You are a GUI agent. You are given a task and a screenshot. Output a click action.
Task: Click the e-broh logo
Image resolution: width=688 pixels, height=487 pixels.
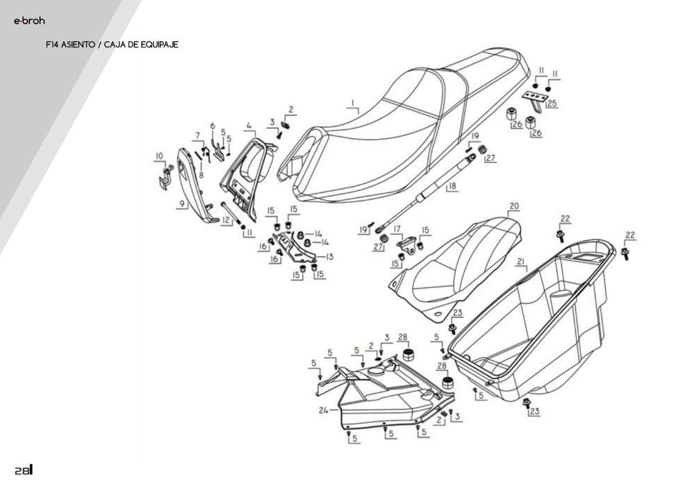29,21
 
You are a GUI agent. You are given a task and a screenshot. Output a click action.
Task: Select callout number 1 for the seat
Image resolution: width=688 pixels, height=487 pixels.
351,104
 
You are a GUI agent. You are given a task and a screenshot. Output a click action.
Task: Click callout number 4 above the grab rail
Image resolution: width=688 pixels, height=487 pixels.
249,125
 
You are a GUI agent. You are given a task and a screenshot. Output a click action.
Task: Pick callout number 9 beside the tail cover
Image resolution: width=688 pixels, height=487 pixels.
182,204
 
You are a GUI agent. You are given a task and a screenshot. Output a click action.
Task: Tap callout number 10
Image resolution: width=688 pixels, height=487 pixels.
159,156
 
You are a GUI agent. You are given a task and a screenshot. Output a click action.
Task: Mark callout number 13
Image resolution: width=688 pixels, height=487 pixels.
329,257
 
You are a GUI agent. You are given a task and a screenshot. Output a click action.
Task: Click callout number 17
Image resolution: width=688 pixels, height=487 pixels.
397,229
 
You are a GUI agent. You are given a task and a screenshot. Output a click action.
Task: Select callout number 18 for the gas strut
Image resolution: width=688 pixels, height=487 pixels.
452,186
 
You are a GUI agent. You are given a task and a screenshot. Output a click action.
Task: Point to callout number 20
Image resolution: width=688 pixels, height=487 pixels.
514,206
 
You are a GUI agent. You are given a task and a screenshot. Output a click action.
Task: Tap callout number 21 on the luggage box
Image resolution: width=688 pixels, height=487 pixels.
521,262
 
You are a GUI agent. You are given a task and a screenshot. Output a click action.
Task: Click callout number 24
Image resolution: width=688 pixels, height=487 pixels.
323,411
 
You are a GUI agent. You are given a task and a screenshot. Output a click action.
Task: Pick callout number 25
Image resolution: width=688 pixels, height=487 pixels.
551,104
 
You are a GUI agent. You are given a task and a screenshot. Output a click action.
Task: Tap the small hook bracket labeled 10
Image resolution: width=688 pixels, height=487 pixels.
165,178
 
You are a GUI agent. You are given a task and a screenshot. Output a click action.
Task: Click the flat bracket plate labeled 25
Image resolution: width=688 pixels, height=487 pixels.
535,97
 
